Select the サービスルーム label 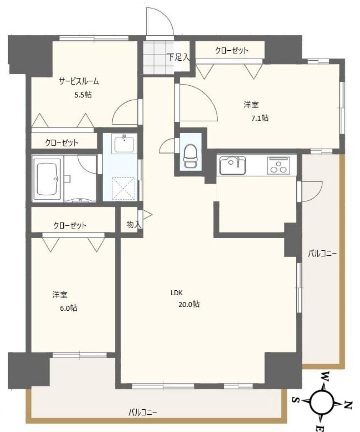tap(79, 81)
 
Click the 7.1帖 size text tap(259, 118)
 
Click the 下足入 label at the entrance tap(178, 57)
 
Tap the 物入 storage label tap(133, 225)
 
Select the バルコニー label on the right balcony tap(322, 253)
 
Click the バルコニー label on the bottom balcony tap(143, 412)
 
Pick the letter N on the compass tap(348, 404)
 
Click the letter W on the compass tap(325, 376)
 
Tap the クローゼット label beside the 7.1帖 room tap(231, 50)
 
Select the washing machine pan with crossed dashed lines tap(123, 188)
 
